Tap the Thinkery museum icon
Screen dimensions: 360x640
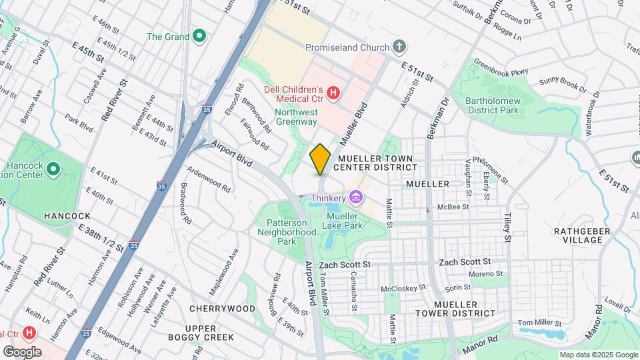pos(356,197)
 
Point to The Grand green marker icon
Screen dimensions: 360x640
pos(199,36)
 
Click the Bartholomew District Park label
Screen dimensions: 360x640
pos(493,105)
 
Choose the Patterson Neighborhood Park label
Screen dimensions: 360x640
pos(287,232)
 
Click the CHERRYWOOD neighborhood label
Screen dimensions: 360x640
pos(222,309)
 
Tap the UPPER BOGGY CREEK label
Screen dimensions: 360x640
pos(209,333)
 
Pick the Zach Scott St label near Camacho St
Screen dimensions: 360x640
pos(344,265)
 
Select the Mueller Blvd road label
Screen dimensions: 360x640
pos(354,125)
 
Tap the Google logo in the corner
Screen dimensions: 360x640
pos(22,351)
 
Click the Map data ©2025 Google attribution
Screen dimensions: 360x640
pos(598,355)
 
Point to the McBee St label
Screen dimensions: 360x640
pos(449,207)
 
